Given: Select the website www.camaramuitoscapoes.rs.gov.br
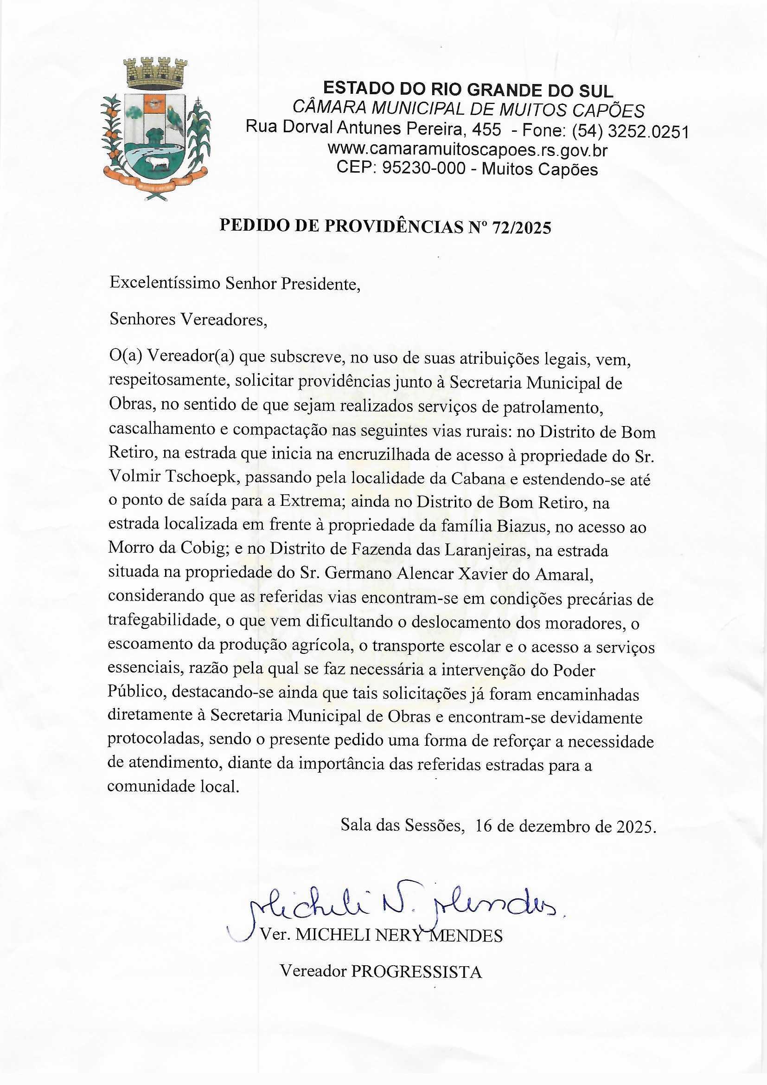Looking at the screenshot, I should pos(467,150).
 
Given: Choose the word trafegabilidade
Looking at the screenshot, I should pos(162,623).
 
